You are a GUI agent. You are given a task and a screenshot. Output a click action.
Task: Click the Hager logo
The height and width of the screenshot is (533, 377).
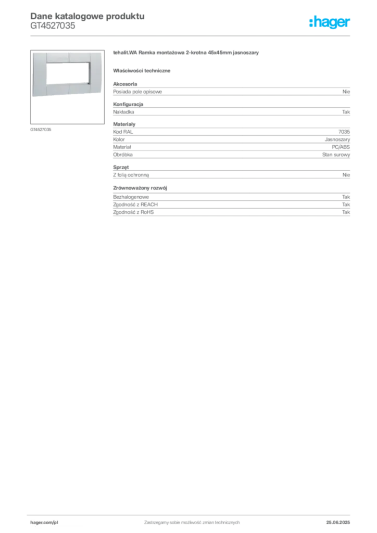tap(330, 22)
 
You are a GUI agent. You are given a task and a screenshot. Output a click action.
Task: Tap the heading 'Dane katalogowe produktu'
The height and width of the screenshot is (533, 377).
tap(87, 16)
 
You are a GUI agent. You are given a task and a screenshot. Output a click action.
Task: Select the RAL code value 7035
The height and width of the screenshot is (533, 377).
tap(344, 132)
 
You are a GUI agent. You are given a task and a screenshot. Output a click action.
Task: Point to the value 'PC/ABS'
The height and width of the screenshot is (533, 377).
tap(341, 147)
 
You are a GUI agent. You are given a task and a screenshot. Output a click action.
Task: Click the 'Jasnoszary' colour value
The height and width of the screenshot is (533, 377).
tap(337, 139)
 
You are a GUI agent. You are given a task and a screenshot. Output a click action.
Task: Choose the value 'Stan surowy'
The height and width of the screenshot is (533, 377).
tap(336, 155)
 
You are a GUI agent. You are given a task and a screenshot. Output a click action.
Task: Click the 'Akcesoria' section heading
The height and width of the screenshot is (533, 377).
tap(125, 84)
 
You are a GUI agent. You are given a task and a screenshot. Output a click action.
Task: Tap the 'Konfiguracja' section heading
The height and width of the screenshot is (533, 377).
tap(128, 104)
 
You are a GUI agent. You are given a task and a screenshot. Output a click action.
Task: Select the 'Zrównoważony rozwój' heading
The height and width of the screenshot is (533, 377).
tap(140, 188)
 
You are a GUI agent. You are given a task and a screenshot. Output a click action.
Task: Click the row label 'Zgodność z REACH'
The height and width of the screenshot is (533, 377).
tap(135, 205)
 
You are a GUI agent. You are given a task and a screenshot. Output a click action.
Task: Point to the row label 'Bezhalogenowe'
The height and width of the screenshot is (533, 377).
tap(131, 197)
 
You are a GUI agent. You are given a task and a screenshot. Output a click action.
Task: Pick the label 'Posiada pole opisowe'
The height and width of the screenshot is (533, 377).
tap(137, 92)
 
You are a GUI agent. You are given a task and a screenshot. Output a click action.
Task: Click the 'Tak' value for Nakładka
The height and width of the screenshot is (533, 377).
tap(346, 112)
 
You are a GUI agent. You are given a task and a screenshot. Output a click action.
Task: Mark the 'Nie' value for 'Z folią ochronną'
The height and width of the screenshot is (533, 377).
tap(346, 175)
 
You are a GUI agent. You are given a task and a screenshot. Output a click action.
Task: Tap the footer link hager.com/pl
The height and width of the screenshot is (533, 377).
tap(44, 523)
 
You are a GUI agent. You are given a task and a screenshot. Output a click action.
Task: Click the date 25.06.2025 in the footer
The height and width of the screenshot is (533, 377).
tap(338, 523)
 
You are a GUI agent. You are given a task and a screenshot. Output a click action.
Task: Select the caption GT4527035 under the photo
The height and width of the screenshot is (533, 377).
tap(41, 130)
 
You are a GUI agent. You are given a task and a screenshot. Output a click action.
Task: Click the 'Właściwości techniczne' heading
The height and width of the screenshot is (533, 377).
tap(142, 71)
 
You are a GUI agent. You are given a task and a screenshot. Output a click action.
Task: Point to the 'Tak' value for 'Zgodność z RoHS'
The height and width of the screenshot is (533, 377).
tap(346, 212)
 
